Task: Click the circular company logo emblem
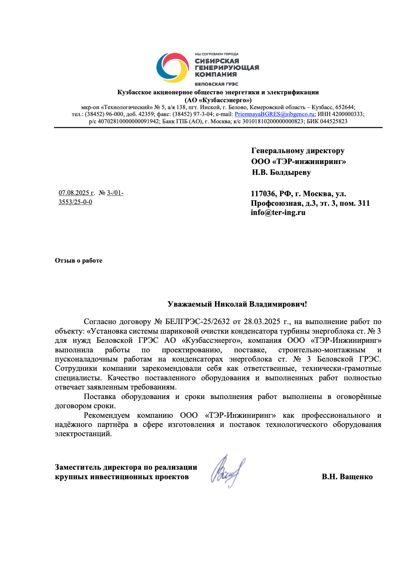173,68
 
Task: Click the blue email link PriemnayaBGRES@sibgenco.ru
274,114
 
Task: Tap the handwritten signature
228,471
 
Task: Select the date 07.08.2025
74,193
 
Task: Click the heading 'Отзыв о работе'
79,261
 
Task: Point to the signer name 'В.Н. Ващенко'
347,477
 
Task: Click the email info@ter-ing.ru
278,213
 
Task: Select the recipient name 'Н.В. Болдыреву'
281,172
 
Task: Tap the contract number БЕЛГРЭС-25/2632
198,321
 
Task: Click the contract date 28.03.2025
262,321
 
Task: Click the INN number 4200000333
348,114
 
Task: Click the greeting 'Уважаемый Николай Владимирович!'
237,304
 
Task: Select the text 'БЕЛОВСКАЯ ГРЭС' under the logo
217,84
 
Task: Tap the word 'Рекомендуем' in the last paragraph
107,415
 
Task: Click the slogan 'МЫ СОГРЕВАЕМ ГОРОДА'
217,54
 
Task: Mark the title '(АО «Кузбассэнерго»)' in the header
218,100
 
